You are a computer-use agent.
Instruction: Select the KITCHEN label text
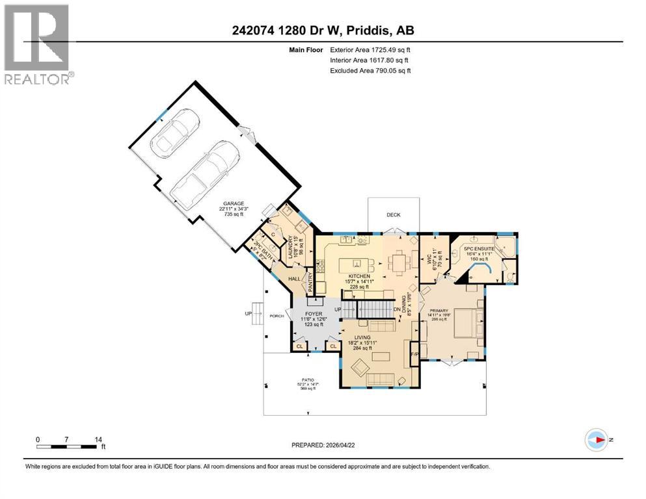click(x=358, y=276)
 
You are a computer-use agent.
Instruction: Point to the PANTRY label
click(x=311, y=281)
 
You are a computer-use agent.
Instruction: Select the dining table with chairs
click(x=397, y=262)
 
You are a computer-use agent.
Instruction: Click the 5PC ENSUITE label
click(x=483, y=248)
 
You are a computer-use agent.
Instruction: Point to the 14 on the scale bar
click(x=98, y=439)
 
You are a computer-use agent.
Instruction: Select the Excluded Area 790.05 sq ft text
click(x=370, y=70)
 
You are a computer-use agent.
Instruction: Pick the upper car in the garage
click(x=173, y=133)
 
